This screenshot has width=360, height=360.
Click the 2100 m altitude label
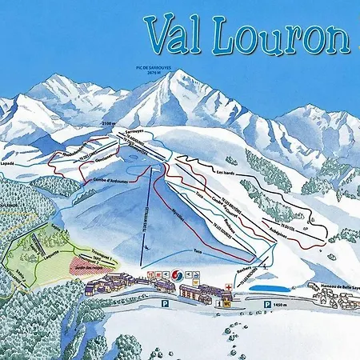(110, 124)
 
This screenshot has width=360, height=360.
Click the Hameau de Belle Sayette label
(333, 287)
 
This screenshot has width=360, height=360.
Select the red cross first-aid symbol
(230, 284)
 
